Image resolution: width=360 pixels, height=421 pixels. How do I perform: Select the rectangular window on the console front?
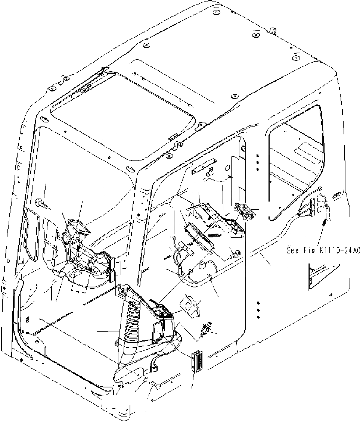(159, 330)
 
